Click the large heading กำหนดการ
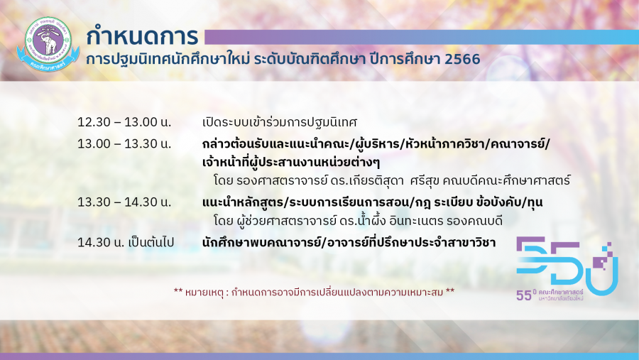pos(142,36)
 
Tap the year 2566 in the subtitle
pos(462,60)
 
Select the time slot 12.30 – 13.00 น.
pos(124,122)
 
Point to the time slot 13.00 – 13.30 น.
pos(124,144)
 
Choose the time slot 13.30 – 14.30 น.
pos(124,202)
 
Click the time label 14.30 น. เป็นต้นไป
pos(126,242)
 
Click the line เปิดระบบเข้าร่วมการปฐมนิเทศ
pos(280,122)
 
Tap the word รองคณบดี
pos(474,222)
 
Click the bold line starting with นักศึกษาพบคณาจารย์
pos(349,242)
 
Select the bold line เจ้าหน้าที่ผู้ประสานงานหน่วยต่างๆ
pos(291,163)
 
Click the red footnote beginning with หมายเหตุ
pos(314,292)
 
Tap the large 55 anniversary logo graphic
pos(567,266)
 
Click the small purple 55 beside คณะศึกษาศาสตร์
pos(524,295)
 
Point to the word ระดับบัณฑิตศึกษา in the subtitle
pos(310,60)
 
